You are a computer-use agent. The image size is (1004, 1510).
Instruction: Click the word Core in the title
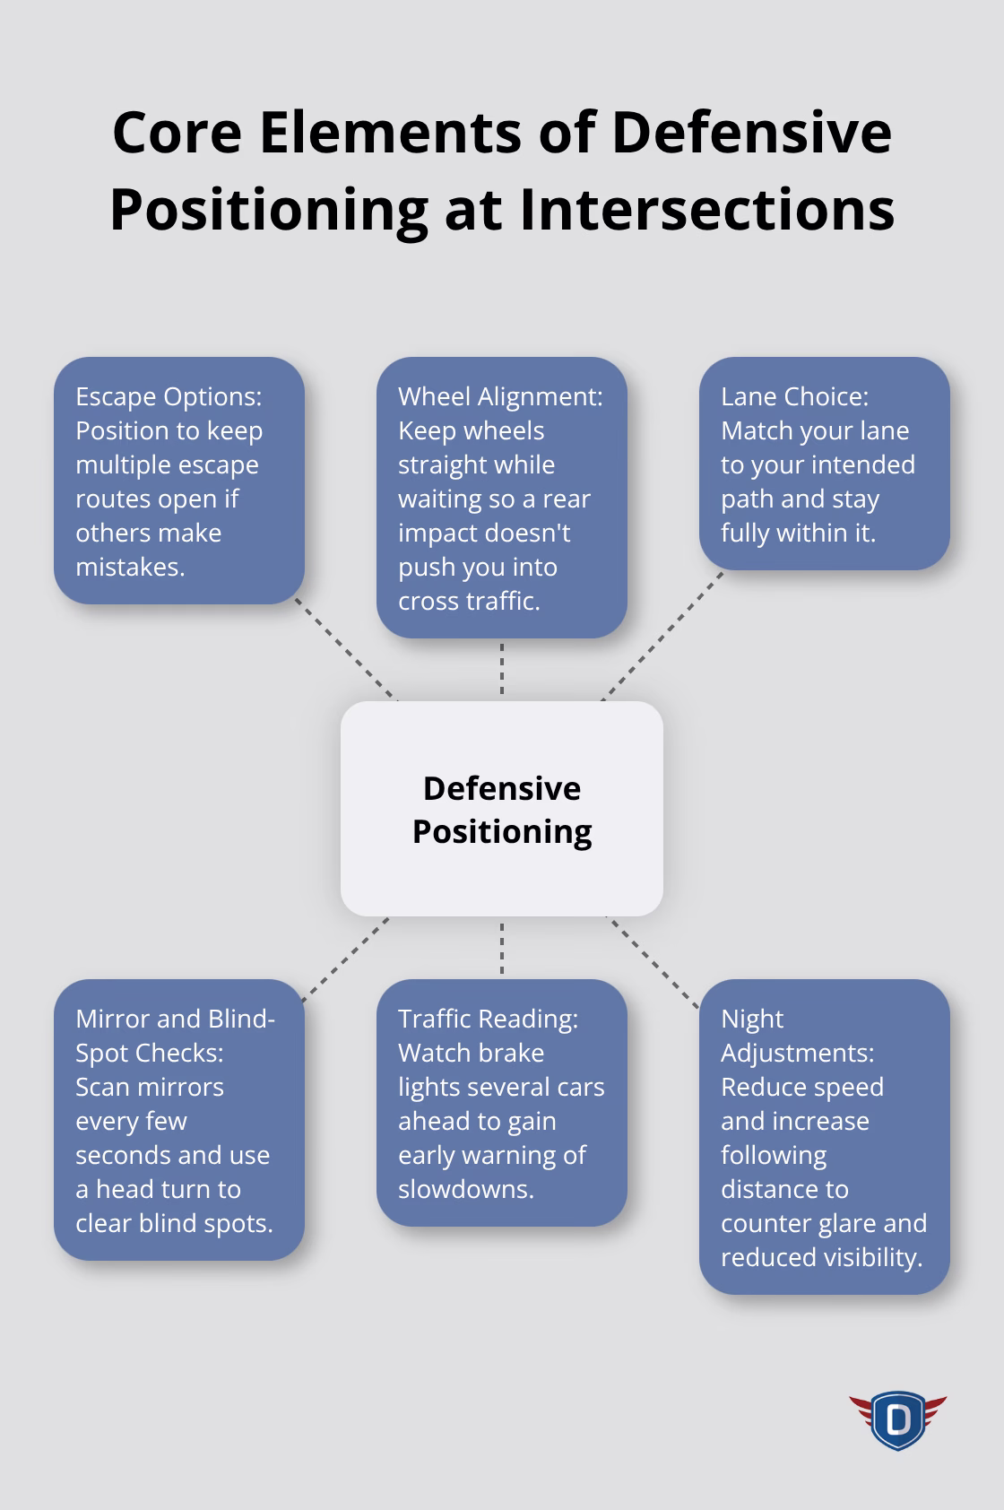pos(177,133)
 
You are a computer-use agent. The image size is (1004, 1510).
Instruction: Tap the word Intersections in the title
pos(706,209)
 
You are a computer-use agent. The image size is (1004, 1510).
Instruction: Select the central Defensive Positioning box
pos(502,809)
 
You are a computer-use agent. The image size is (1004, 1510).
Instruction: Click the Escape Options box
pos(179,481)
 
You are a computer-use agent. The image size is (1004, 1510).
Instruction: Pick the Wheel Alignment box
pos(502,498)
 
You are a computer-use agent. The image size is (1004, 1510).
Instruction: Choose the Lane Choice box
pos(825,464)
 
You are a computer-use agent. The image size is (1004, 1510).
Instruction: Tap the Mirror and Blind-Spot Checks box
pos(179,1120)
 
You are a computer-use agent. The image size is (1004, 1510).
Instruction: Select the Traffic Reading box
pos(502,1103)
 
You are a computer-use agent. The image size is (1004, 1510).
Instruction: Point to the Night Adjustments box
pos(825,1137)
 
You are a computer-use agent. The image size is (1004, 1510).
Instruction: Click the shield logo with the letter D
pos(897,1419)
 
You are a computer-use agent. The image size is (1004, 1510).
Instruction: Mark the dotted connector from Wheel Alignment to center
pos(502,669)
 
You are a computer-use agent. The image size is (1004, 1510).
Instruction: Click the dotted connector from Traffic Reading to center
pos(502,948)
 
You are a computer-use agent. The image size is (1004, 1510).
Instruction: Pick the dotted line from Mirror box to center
pos(346,959)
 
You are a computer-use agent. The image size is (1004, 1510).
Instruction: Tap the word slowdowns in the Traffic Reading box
pos(464,1189)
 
